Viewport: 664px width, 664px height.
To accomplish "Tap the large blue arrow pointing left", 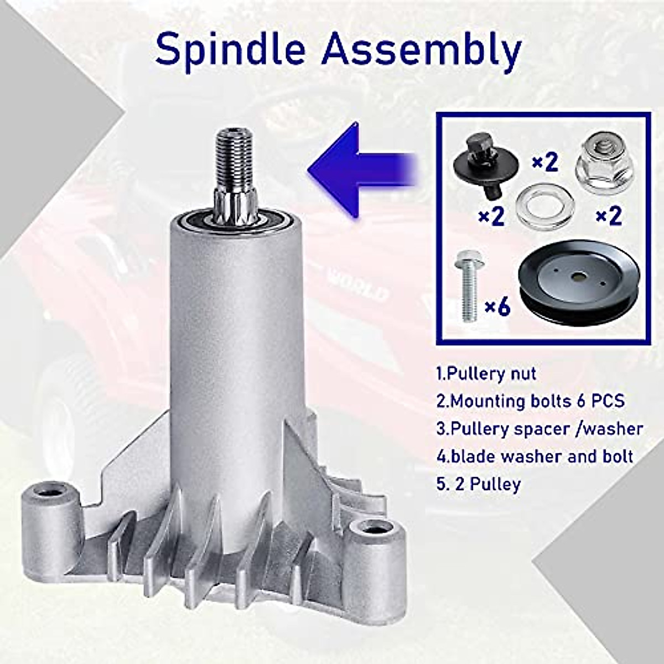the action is tap(362, 170).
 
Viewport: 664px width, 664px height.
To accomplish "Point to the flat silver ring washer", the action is tap(544, 209).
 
